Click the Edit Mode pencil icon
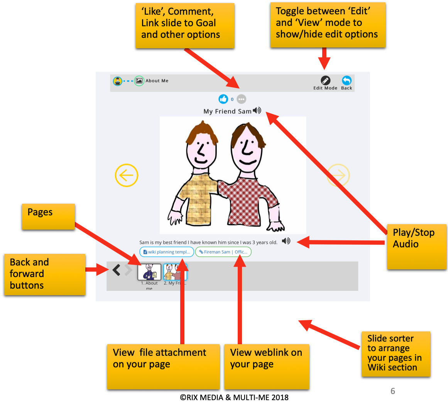[325, 80]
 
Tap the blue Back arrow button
[347, 80]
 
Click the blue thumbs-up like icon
[223, 99]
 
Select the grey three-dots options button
[241, 99]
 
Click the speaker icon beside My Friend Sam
[257, 111]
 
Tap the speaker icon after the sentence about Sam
[286, 241]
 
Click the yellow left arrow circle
[127, 176]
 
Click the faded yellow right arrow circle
[338, 176]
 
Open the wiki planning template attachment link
[167, 252]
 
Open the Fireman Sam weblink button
[223, 252]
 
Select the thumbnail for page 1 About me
[149, 272]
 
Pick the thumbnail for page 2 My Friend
[175, 272]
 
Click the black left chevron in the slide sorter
[116, 270]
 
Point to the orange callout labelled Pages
[48, 216]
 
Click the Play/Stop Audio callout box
[416, 246]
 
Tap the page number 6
[393, 391]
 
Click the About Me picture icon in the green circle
[139, 81]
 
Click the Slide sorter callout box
[396, 353]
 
